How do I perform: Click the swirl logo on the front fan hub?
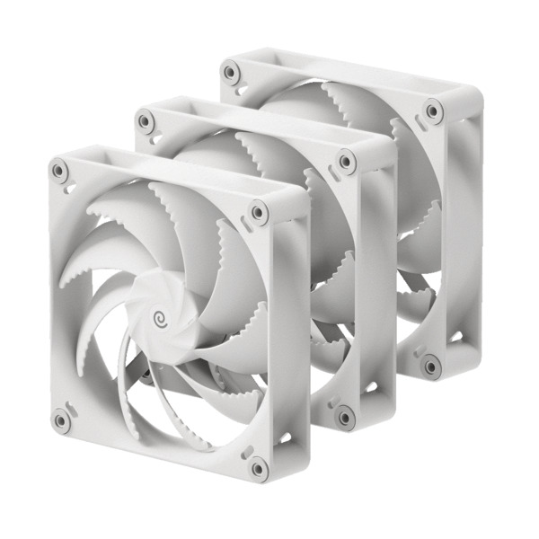tap(163, 318)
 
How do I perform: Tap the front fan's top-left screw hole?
tap(59, 169)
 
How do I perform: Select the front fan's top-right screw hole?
tap(258, 213)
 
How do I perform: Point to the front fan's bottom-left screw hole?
tap(60, 419)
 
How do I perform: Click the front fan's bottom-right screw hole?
tap(258, 467)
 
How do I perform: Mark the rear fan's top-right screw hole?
tap(434, 111)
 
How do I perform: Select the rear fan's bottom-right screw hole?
tap(432, 366)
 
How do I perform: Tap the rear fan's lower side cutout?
tap(456, 339)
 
